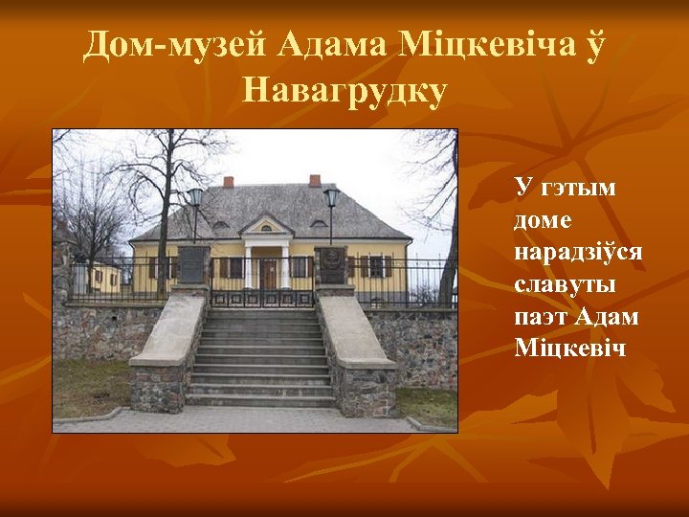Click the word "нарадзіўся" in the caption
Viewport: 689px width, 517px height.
click(x=578, y=252)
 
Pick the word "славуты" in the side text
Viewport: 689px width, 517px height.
click(x=564, y=284)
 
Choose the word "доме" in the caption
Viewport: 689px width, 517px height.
click(x=543, y=219)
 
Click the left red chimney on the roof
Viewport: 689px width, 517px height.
click(x=228, y=181)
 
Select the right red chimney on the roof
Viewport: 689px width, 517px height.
click(x=315, y=180)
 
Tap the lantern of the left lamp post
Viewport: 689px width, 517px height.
click(x=195, y=198)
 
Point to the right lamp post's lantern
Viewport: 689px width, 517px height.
click(x=331, y=198)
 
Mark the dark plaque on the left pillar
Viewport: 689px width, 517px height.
click(x=192, y=263)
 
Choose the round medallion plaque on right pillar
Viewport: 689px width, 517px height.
click(x=331, y=261)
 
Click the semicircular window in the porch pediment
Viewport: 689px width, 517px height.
click(x=267, y=228)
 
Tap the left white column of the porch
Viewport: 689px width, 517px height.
click(x=249, y=265)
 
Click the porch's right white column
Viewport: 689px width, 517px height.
click(x=285, y=265)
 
